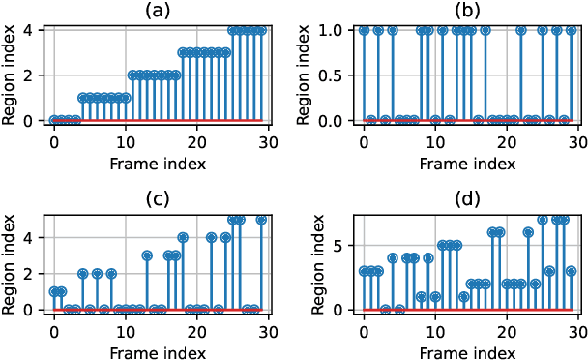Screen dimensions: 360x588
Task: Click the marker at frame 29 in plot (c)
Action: pos(261,220)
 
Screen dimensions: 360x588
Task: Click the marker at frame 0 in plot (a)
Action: pos(54,120)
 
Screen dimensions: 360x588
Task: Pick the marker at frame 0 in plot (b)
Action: pos(364,30)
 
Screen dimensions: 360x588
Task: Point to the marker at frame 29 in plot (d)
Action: pos(571,272)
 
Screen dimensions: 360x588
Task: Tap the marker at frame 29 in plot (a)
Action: pos(261,30)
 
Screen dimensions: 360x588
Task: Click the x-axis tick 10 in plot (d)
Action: pos(435,330)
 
